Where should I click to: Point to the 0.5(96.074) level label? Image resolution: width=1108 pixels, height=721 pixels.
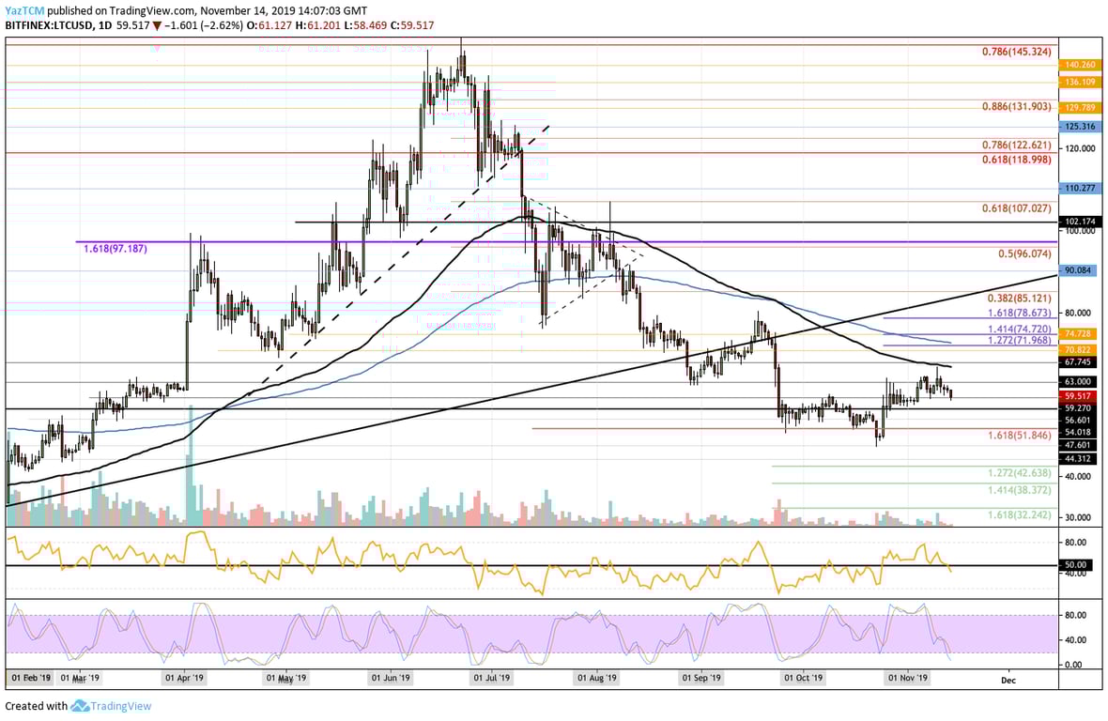coord(1022,253)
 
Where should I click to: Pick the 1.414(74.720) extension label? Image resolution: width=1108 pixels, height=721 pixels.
coord(1020,330)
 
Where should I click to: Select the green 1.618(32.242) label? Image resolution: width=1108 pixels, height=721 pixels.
coord(1020,516)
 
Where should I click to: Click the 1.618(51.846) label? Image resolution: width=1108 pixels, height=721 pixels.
coord(1020,437)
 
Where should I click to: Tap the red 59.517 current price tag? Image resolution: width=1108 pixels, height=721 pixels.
coord(1075,396)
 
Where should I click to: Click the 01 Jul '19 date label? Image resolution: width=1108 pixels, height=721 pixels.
coord(490,677)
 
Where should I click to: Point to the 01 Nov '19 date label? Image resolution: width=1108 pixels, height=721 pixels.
coord(907,677)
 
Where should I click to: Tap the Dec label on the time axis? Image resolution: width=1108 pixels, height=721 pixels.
coord(1008,677)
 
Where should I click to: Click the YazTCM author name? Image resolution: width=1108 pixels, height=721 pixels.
coord(24,9)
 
